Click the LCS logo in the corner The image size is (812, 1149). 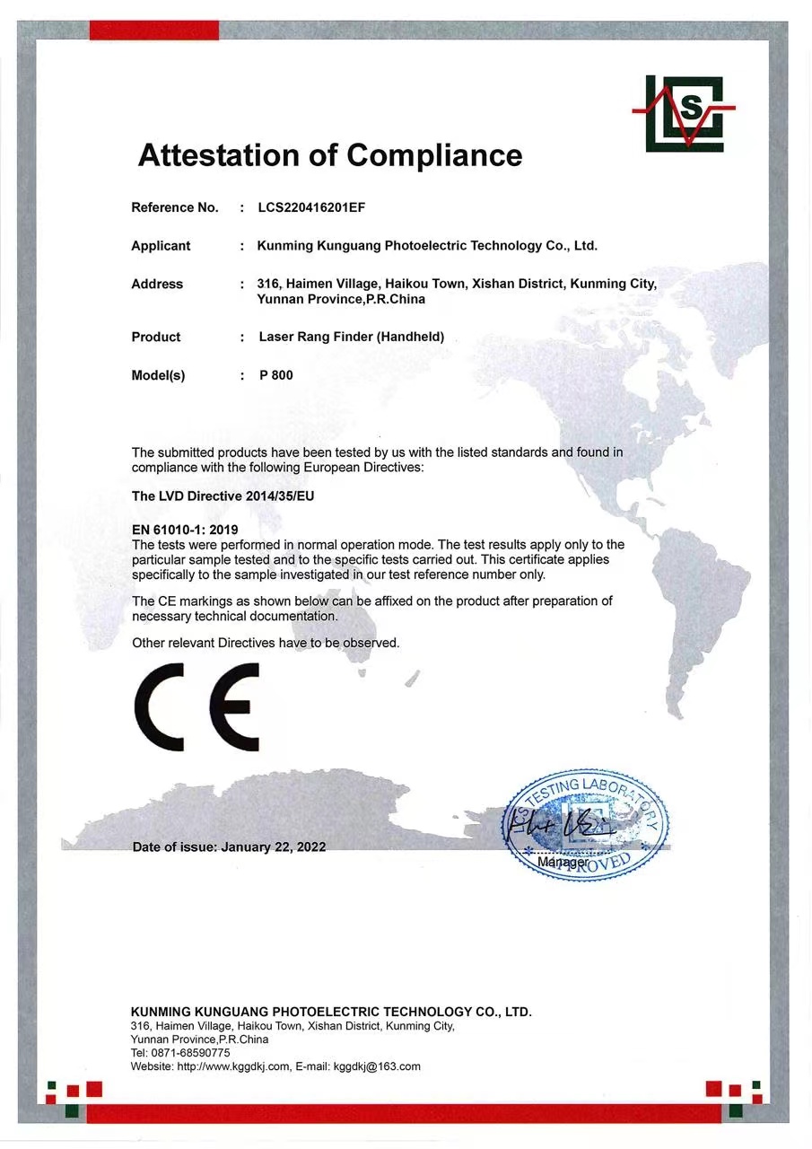(x=684, y=113)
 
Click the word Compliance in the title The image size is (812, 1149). (x=434, y=155)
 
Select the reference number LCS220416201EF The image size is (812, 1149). (x=311, y=207)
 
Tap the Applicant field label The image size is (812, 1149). (x=161, y=246)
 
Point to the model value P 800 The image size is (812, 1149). (x=275, y=375)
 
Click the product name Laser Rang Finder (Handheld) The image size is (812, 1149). (x=351, y=338)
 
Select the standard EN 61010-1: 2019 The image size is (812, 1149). (x=185, y=531)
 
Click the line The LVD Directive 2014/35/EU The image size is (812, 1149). (x=223, y=496)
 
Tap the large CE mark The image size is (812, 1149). (x=197, y=707)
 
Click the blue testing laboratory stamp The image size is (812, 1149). (x=586, y=823)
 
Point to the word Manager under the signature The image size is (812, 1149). (x=562, y=862)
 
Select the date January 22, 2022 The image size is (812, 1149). (x=274, y=846)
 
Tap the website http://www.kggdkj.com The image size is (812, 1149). (x=233, y=1066)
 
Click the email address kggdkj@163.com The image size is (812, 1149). (x=377, y=1066)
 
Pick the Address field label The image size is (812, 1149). (x=157, y=285)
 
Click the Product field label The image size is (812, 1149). (x=156, y=338)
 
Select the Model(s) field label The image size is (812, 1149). (x=158, y=375)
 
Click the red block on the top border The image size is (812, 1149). (x=154, y=31)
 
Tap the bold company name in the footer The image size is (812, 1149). (x=331, y=1012)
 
